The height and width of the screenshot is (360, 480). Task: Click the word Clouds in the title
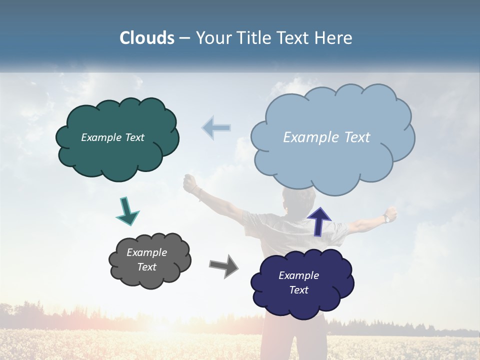point(147,38)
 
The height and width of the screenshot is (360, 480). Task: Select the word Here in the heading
point(334,38)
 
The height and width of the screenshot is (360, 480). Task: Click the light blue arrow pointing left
point(216,128)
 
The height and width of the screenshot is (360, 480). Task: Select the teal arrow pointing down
point(127,210)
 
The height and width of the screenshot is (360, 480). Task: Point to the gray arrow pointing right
point(223,265)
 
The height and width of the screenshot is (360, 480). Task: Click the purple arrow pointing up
point(319,220)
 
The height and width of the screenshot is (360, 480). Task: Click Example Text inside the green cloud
point(112,137)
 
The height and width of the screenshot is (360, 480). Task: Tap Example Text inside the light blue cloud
point(326,137)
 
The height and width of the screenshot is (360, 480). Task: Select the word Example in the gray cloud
point(146,252)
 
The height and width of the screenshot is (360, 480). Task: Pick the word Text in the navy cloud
point(298,290)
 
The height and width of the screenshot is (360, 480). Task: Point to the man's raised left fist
point(190,184)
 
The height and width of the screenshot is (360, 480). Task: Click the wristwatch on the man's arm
point(387,218)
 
